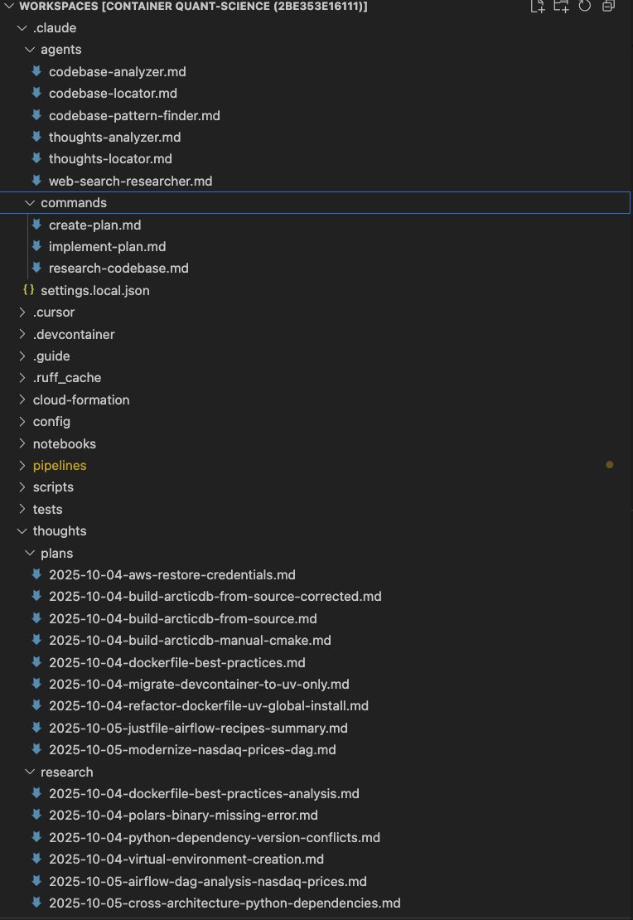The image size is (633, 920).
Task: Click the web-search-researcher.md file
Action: (130, 181)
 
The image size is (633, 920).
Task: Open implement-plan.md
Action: (107, 247)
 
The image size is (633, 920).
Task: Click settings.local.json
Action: (94, 291)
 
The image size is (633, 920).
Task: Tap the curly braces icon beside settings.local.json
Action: (28, 291)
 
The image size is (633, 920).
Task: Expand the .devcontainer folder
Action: (74, 335)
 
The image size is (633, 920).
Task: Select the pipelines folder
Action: (60, 466)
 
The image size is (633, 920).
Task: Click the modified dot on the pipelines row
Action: (610, 466)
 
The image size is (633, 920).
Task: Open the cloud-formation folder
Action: (81, 400)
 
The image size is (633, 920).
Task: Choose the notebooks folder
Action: (64, 444)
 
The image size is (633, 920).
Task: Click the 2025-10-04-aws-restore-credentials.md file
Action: (172, 575)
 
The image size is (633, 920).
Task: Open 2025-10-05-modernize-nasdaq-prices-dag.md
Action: (192, 750)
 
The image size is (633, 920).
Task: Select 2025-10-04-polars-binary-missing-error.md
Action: (183, 816)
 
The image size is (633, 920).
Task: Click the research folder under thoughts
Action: (66, 772)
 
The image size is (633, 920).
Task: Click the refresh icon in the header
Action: (585, 7)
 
